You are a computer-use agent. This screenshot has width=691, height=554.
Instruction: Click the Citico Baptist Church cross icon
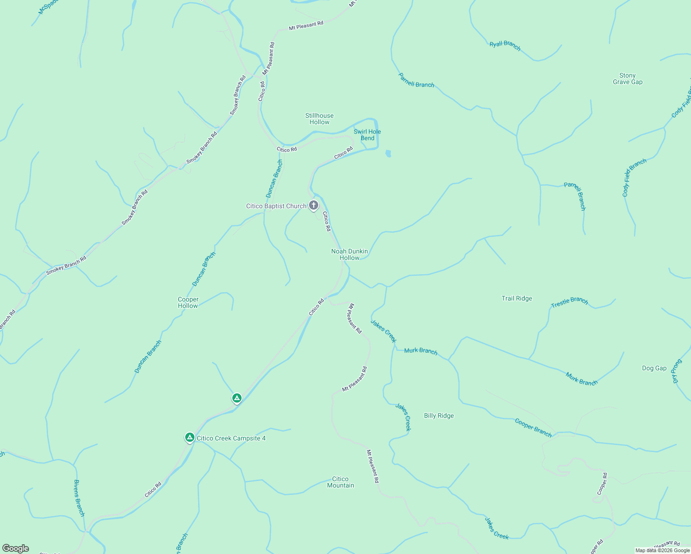point(314,205)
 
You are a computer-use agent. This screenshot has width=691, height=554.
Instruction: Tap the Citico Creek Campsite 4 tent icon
point(189,437)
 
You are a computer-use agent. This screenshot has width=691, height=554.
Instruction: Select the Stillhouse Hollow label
point(319,119)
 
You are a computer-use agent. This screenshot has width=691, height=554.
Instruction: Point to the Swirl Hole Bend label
point(367,135)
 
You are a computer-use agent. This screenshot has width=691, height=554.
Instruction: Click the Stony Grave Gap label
point(627,78)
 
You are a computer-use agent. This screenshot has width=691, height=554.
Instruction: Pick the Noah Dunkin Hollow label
point(350,254)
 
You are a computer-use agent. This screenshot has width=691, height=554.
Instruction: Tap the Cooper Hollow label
point(188,302)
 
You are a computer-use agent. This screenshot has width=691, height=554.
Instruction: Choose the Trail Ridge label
point(517,298)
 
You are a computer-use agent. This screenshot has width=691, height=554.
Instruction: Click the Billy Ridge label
point(439,415)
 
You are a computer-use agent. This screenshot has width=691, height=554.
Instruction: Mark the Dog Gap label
point(654,368)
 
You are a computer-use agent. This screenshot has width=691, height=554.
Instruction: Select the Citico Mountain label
point(340,482)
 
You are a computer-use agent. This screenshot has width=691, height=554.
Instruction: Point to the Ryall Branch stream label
point(505,45)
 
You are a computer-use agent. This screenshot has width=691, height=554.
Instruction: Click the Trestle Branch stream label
point(570,302)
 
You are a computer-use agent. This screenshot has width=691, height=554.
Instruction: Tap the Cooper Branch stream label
point(533,428)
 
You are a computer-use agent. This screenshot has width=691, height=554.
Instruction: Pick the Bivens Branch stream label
point(79,498)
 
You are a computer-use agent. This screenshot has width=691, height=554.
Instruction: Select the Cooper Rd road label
point(602,483)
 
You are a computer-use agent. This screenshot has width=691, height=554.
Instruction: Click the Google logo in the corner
point(16,548)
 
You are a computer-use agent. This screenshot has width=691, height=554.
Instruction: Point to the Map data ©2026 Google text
point(662,550)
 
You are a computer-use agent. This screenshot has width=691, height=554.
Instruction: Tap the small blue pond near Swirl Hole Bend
point(388,154)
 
